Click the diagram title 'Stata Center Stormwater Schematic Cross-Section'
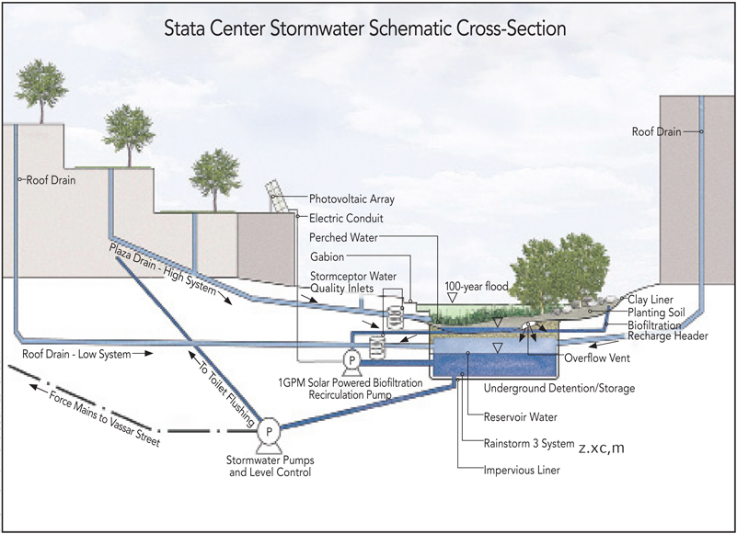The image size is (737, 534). [x=365, y=28]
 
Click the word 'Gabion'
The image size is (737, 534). [x=328, y=258]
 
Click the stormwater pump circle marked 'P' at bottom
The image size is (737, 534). [x=269, y=429]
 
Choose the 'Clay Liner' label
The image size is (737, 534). [x=652, y=300]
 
